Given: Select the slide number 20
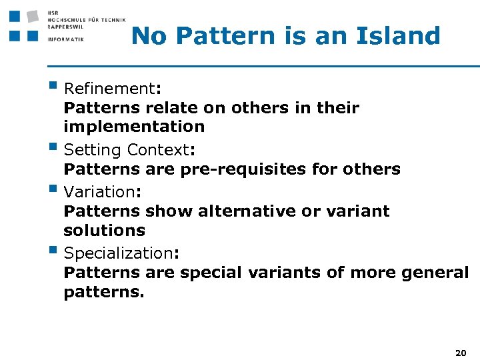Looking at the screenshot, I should (460, 351).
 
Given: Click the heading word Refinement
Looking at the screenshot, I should (109, 89).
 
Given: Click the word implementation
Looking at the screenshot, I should (134, 127).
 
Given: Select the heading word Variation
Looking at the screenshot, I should (99, 192).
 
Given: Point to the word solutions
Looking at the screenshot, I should (104, 231).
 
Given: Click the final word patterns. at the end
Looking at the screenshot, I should (103, 292).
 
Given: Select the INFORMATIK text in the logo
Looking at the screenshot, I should (66, 39).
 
